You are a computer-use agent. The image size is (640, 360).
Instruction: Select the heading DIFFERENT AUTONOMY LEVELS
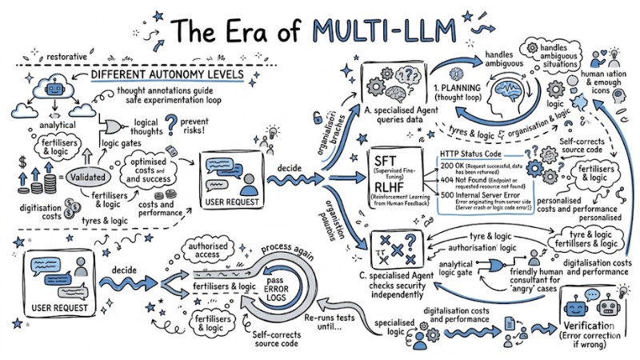pos(167,74)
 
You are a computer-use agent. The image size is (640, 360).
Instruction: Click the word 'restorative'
pos(68,58)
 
